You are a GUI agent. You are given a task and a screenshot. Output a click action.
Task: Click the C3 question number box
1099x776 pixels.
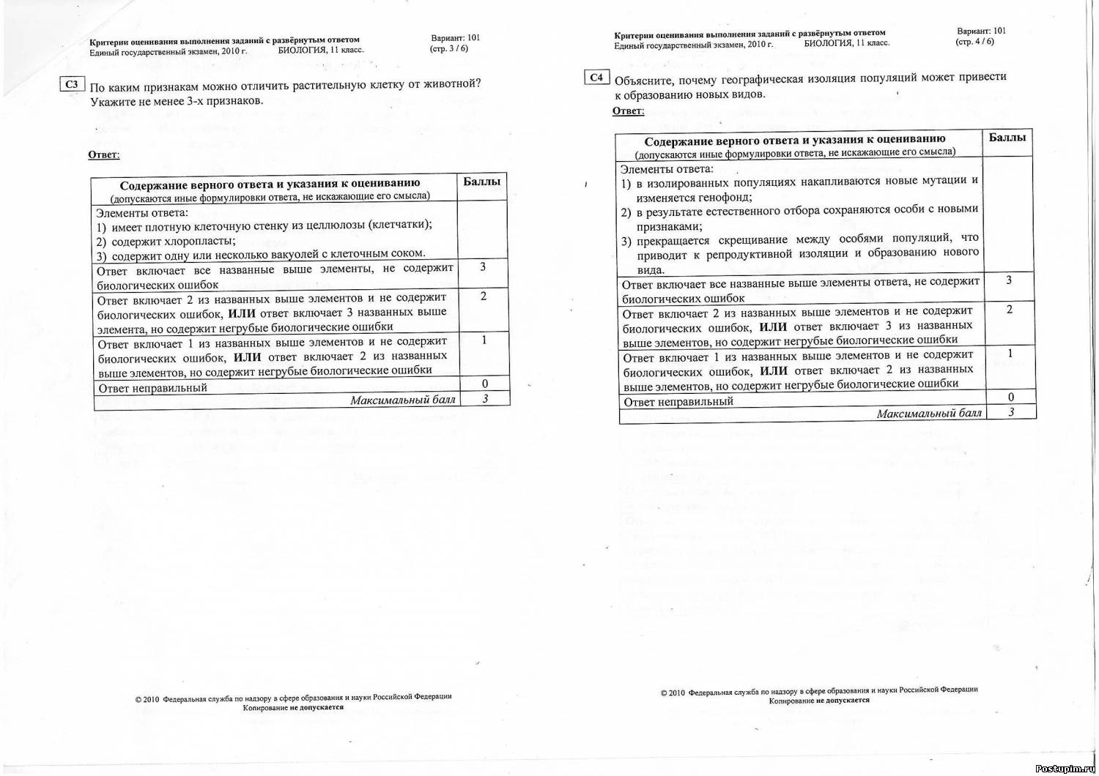pos(71,84)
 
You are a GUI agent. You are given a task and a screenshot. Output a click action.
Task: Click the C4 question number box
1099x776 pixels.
pos(596,77)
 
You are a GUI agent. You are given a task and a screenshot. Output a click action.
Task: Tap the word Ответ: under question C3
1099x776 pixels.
pos(103,154)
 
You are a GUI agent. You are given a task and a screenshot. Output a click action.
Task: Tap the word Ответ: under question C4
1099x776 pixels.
pos(628,111)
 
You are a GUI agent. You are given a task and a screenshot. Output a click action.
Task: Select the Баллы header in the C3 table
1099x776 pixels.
pos(482,182)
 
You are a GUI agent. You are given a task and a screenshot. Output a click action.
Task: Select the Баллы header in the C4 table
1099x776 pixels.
pos(1007,137)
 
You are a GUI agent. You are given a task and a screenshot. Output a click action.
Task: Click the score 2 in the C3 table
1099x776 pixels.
pos(484,296)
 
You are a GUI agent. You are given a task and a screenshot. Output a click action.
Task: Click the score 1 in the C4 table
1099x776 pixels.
pos(1010,354)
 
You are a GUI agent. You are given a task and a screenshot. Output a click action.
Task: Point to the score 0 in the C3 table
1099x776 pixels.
pos(484,384)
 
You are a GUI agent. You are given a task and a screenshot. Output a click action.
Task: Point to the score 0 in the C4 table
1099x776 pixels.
pos(1011,398)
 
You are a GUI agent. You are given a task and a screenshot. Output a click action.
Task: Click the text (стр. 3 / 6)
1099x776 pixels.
pos(448,48)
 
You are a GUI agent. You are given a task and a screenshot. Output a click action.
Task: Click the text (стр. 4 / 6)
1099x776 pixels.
pos(974,42)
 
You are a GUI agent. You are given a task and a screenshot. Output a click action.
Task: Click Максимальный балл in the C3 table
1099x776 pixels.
pos(402,400)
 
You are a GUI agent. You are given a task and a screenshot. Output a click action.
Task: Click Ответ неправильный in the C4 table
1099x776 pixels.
pos(678,402)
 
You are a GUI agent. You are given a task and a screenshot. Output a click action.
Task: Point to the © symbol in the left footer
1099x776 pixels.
pos(138,699)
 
